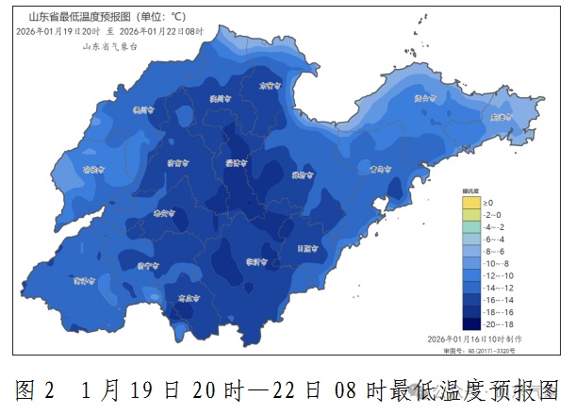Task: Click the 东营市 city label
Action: pyautogui.click(x=272, y=85)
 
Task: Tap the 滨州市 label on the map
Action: pyautogui.click(x=221, y=97)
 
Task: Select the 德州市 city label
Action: pyautogui.click(x=143, y=108)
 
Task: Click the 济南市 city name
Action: pyautogui.click(x=175, y=162)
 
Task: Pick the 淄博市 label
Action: pyautogui.click(x=236, y=162)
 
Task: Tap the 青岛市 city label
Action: pyautogui.click(x=380, y=170)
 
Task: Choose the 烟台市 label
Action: pyautogui.click(x=426, y=96)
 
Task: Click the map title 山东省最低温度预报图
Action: pyautogui.click(x=80, y=17)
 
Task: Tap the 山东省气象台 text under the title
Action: pyautogui.click(x=109, y=44)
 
